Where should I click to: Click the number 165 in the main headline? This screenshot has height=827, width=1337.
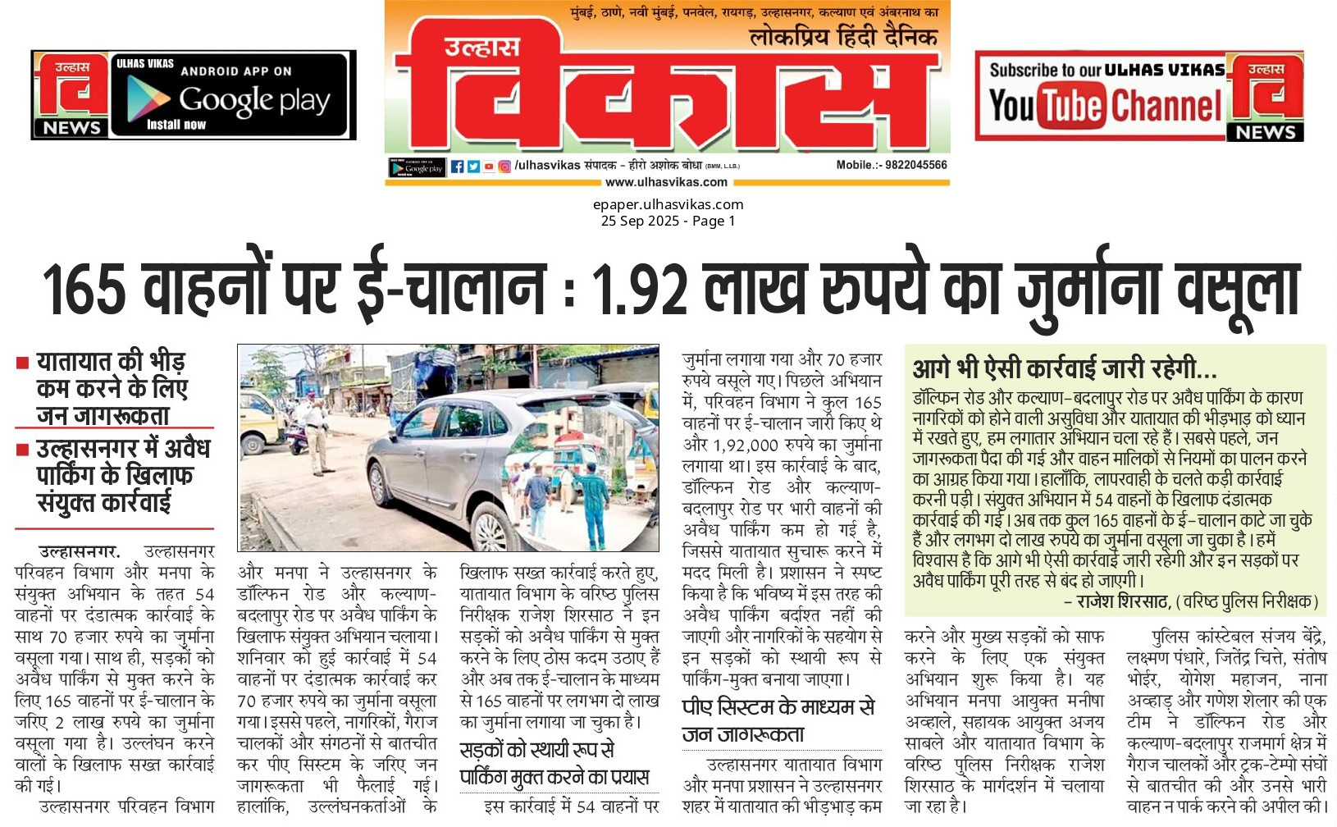tap(84, 289)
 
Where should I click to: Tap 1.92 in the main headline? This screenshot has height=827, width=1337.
tap(639, 289)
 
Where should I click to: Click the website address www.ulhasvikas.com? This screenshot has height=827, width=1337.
tap(666, 182)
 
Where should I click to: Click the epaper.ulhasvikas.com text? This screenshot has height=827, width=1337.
tap(668, 204)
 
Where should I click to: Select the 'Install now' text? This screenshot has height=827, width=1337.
tap(176, 125)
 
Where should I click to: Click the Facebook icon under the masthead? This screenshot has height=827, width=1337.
tap(458, 167)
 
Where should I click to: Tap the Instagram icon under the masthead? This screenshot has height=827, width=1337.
tap(504, 167)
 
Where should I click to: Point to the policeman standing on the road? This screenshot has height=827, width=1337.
tap(313, 427)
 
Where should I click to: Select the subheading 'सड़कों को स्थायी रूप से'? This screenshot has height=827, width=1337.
tap(537, 750)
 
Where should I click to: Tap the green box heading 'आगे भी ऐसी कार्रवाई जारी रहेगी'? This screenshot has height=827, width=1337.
tap(1064, 368)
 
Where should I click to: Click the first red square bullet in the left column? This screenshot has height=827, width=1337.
tap(23, 362)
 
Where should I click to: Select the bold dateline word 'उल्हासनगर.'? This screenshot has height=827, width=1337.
tap(79, 551)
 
